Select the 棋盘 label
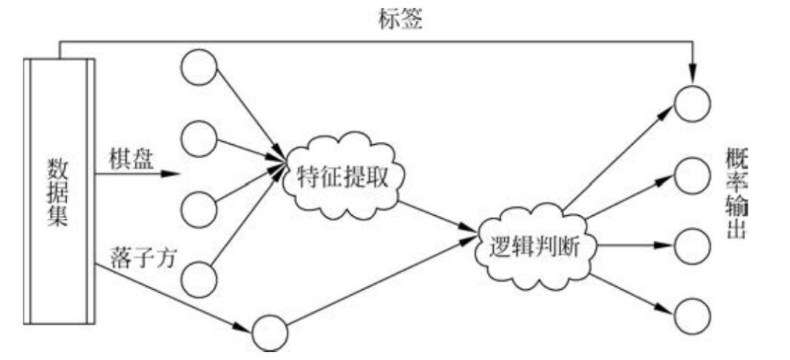click(132, 160)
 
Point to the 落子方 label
click(143, 260)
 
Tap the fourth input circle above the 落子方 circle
click(198, 277)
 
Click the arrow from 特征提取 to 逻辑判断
click(437, 219)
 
